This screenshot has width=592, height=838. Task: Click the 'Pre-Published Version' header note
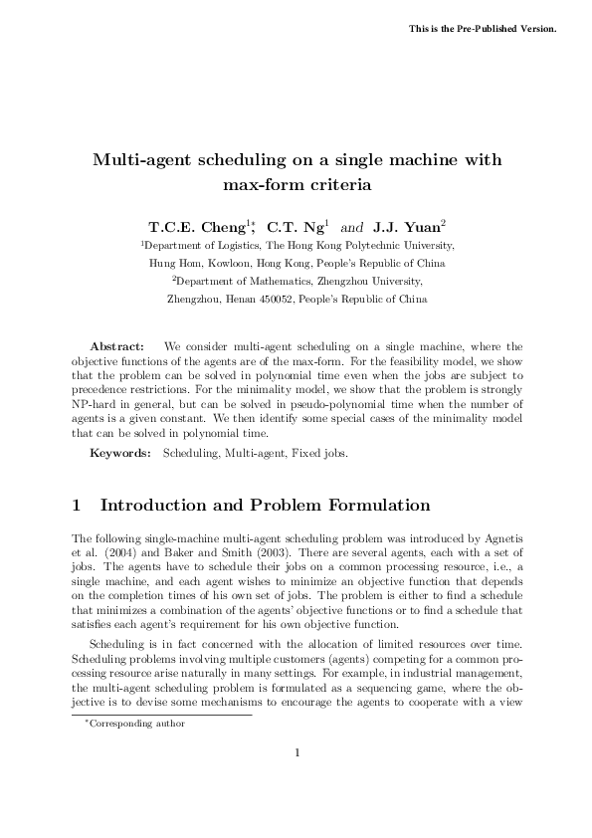[483, 27]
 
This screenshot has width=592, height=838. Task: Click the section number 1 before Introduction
[80, 506]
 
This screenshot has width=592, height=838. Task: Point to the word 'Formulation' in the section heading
[373, 506]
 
